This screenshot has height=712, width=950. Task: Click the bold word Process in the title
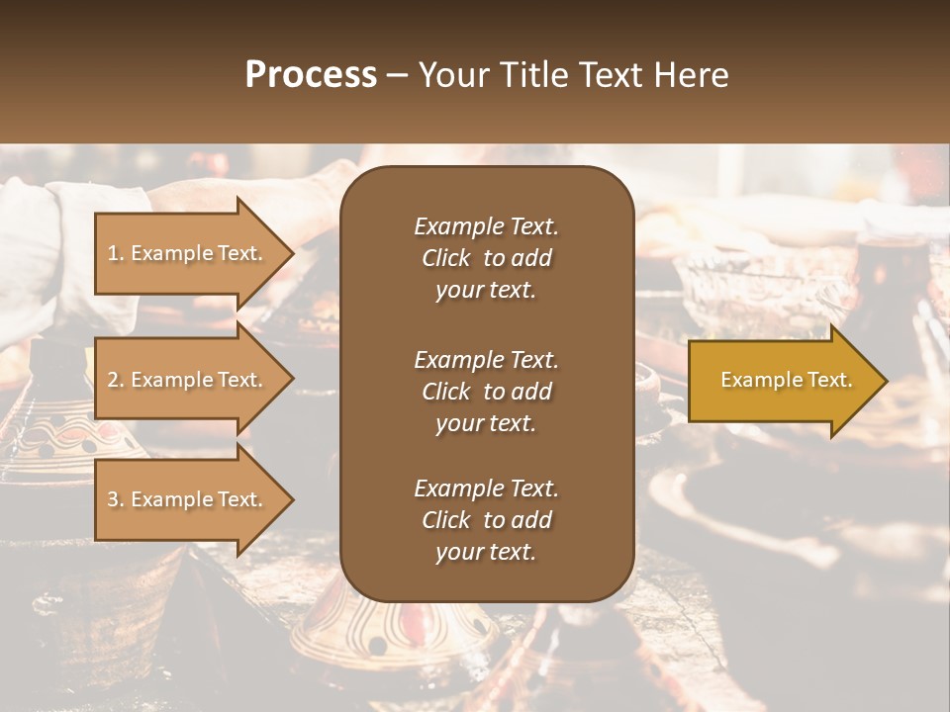311,75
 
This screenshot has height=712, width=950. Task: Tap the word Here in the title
690,75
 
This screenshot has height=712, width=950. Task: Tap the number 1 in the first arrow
112,254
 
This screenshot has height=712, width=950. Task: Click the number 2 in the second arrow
112,381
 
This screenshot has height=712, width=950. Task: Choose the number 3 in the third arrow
112,500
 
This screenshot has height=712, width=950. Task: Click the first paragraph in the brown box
486,258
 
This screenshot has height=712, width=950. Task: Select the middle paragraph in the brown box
486,392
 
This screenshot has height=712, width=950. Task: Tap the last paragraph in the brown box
486,520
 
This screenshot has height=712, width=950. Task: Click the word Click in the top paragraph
445,258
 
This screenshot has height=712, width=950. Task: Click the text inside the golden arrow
786,380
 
